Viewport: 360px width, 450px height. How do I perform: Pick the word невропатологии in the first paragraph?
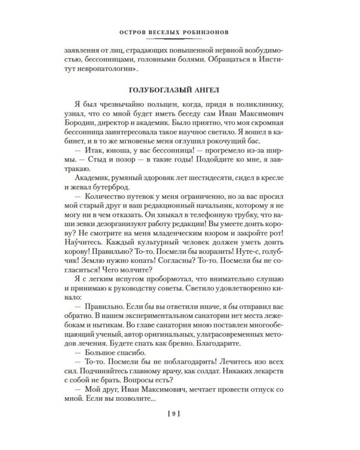pyautogui.click(x=117, y=73)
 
